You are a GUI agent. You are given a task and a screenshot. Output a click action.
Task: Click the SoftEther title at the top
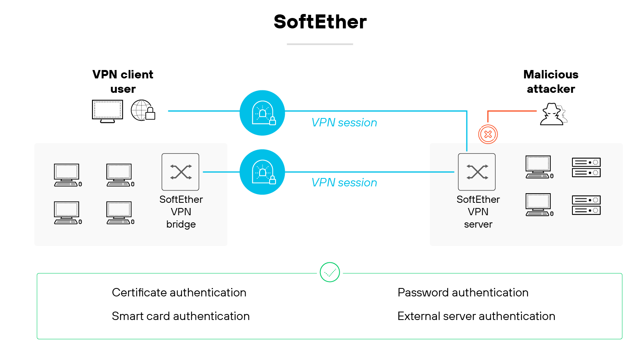pyautogui.click(x=320, y=22)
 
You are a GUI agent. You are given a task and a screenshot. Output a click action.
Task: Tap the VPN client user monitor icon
pyautogui.click(x=107, y=110)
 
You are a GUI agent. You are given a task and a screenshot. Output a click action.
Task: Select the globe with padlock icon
pyautogui.click(x=142, y=110)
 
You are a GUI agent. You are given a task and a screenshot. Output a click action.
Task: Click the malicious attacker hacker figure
pyautogui.click(x=553, y=115)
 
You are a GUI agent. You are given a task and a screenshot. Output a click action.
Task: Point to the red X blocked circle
pyautogui.click(x=488, y=134)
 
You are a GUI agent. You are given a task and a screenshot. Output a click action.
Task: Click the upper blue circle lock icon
pyautogui.click(x=262, y=113)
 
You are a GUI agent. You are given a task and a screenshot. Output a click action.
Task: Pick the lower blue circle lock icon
pyautogui.click(x=262, y=172)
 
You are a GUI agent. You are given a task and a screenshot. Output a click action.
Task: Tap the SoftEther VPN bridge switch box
pyautogui.click(x=180, y=172)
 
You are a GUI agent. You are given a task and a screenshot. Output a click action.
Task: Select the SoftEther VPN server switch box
pyautogui.click(x=477, y=172)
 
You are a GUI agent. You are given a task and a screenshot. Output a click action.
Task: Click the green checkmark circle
pyautogui.click(x=330, y=272)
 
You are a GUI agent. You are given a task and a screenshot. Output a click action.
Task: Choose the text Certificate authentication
pyautogui.click(x=179, y=293)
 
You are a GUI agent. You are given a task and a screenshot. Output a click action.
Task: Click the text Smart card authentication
pyautogui.click(x=180, y=316)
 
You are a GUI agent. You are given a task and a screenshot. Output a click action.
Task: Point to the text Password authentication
pyautogui.click(x=463, y=293)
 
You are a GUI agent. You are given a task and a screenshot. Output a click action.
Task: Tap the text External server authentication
pyautogui.click(x=476, y=316)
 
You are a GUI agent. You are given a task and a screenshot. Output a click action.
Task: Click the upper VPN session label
pyautogui.click(x=344, y=123)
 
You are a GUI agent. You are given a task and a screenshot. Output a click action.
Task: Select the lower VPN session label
pyautogui.click(x=344, y=183)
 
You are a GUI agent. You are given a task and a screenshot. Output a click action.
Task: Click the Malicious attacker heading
pyautogui.click(x=551, y=82)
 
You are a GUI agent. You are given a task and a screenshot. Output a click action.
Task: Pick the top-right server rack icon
pyautogui.click(x=586, y=168)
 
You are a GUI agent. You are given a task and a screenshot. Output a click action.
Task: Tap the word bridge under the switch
pyautogui.click(x=181, y=224)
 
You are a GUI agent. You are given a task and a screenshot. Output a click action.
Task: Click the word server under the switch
pyautogui.click(x=478, y=225)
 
